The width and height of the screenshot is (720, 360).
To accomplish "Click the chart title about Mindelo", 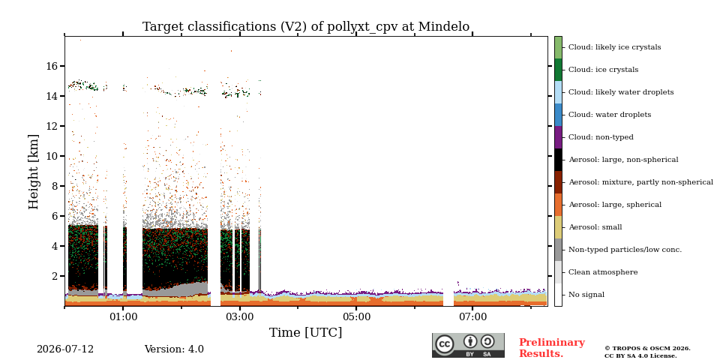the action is (306, 27).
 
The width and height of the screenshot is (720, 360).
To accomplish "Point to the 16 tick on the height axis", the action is (52, 66).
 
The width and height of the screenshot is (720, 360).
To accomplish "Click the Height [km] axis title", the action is (34, 172).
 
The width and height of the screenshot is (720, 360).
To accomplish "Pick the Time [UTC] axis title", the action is (306, 332).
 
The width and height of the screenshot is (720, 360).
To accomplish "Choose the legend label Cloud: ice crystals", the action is (603, 70).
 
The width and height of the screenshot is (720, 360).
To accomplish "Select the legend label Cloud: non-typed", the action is (601, 137).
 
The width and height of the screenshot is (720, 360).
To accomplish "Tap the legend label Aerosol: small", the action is (595, 227).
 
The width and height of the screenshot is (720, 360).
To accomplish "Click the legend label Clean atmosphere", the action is (603, 272).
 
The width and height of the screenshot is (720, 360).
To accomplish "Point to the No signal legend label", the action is (586, 295).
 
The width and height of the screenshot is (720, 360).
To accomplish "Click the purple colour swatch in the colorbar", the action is (558, 137).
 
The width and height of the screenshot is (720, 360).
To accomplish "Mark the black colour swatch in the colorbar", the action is (558, 160).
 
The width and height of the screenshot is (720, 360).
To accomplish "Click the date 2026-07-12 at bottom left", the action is (65, 349).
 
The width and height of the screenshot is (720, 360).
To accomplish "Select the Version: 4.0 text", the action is (174, 349).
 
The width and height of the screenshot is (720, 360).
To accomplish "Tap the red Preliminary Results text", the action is (551, 348).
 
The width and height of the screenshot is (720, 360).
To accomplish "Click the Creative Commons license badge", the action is (468, 345).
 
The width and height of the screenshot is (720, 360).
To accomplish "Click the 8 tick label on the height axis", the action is (55, 186).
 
